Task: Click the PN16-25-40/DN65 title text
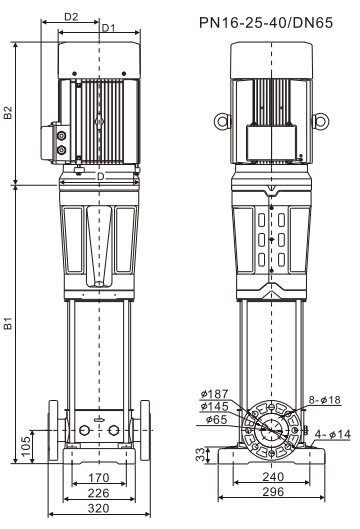tap(266, 23)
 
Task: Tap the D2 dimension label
tap(71, 17)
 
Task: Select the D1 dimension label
tap(108, 28)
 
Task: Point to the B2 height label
tap(8, 113)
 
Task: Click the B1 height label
tap(8, 323)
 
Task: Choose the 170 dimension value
tap(99, 478)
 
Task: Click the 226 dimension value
tap(99, 493)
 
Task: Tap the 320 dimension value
tap(99, 508)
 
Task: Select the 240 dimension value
tap(273, 477)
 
